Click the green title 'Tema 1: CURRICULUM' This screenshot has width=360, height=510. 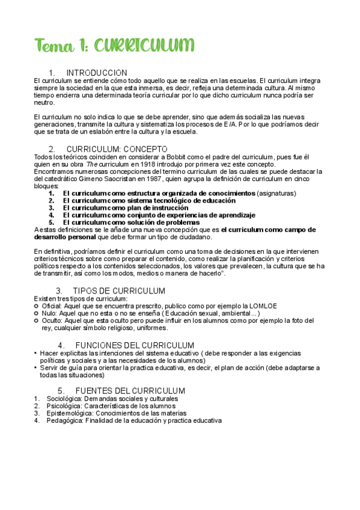(114, 46)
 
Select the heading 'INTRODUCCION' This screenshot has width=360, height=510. (96, 73)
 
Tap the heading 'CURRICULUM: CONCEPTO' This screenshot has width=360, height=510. (117, 149)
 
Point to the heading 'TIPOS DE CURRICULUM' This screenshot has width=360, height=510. (118, 291)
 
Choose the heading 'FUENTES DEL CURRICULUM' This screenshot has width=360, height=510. (125, 391)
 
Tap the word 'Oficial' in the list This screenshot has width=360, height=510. (50, 306)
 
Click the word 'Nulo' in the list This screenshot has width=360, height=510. (49, 313)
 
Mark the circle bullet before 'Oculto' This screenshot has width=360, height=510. (37, 321)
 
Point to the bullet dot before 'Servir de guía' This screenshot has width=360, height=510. (36, 367)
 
